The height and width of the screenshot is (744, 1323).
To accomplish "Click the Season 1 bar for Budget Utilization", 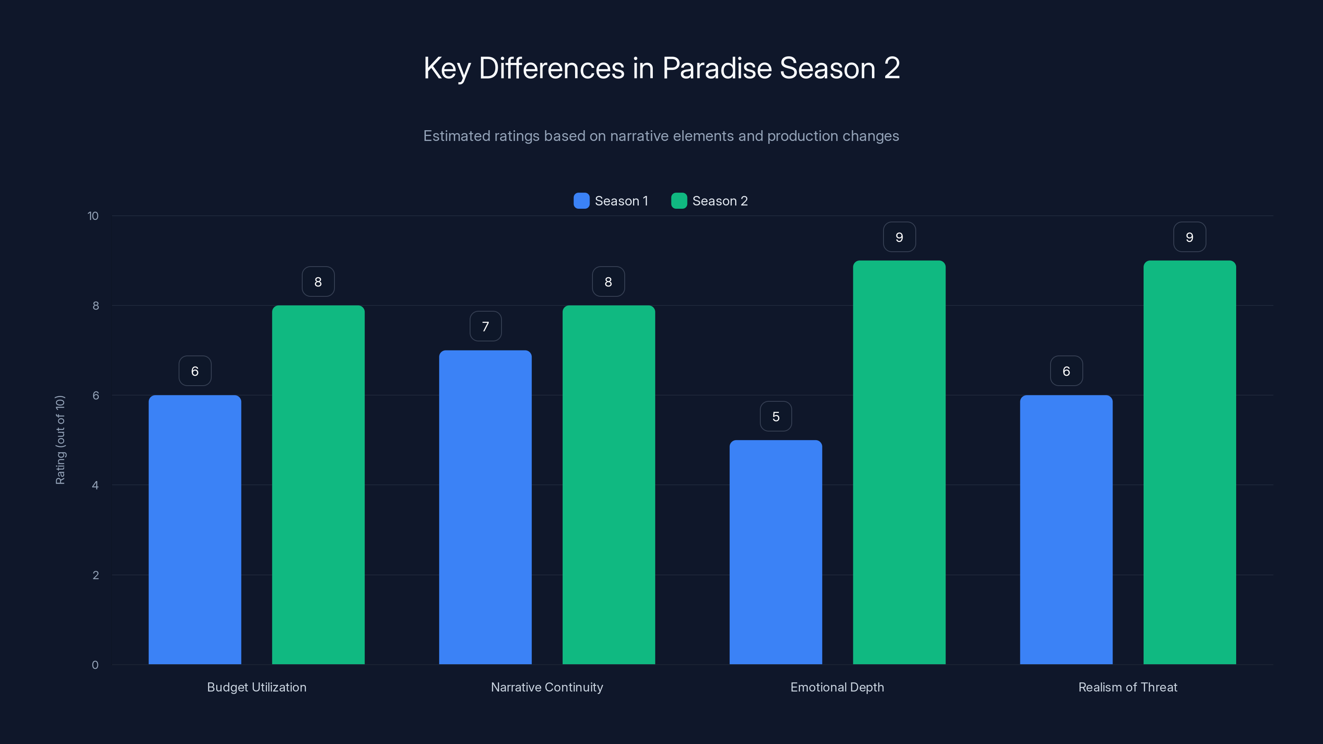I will tap(195, 529).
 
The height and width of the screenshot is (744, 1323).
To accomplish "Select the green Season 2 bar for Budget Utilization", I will tap(318, 485).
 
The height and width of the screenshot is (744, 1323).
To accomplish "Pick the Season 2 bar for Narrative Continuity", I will tap(609, 485).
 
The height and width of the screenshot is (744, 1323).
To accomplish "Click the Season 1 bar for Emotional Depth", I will tap(776, 552).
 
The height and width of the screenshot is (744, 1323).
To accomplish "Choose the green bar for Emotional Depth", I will tap(899, 462).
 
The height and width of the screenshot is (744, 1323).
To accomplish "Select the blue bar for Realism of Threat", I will tap(1066, 529).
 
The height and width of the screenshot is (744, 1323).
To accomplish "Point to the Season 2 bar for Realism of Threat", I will tap(1189, 462).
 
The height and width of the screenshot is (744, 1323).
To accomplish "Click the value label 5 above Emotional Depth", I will tap(776, 416).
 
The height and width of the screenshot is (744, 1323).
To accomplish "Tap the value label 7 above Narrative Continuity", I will tap(485, 326).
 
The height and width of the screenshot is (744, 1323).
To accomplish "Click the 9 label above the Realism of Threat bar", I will tap(1189, 237).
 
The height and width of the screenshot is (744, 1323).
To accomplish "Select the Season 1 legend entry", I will tap(611, 201).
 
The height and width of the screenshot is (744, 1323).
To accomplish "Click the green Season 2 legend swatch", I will tap(679, 201).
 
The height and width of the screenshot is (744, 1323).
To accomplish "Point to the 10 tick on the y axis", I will tap(93, 216).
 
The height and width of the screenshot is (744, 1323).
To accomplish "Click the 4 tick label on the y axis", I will tap(95, 485).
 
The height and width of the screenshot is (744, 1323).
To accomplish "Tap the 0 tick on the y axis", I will tap(95, 665).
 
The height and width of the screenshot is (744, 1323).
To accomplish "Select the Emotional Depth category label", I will tap(837, 687).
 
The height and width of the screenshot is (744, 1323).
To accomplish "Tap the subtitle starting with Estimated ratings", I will tap(661, 136).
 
